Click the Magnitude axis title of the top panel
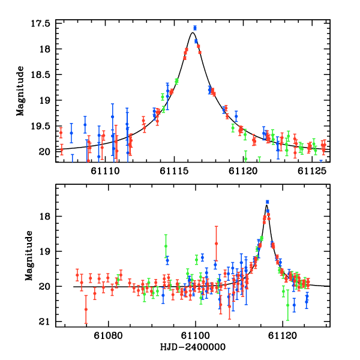20,91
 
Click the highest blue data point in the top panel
194,28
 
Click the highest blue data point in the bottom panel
267,202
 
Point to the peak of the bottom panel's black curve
266,206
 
